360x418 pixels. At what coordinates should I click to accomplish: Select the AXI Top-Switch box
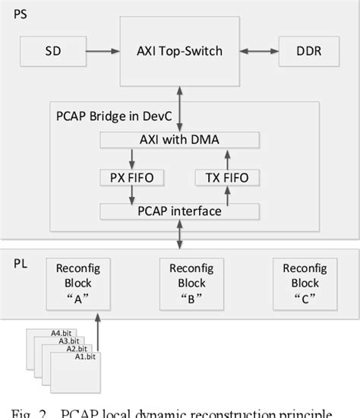[x=179, y=51]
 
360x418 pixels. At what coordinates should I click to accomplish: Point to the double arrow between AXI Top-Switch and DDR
[x=258, y=51]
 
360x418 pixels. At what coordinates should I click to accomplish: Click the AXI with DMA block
[x=180, y=140]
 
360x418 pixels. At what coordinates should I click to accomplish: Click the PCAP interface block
[x=180, y=211]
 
